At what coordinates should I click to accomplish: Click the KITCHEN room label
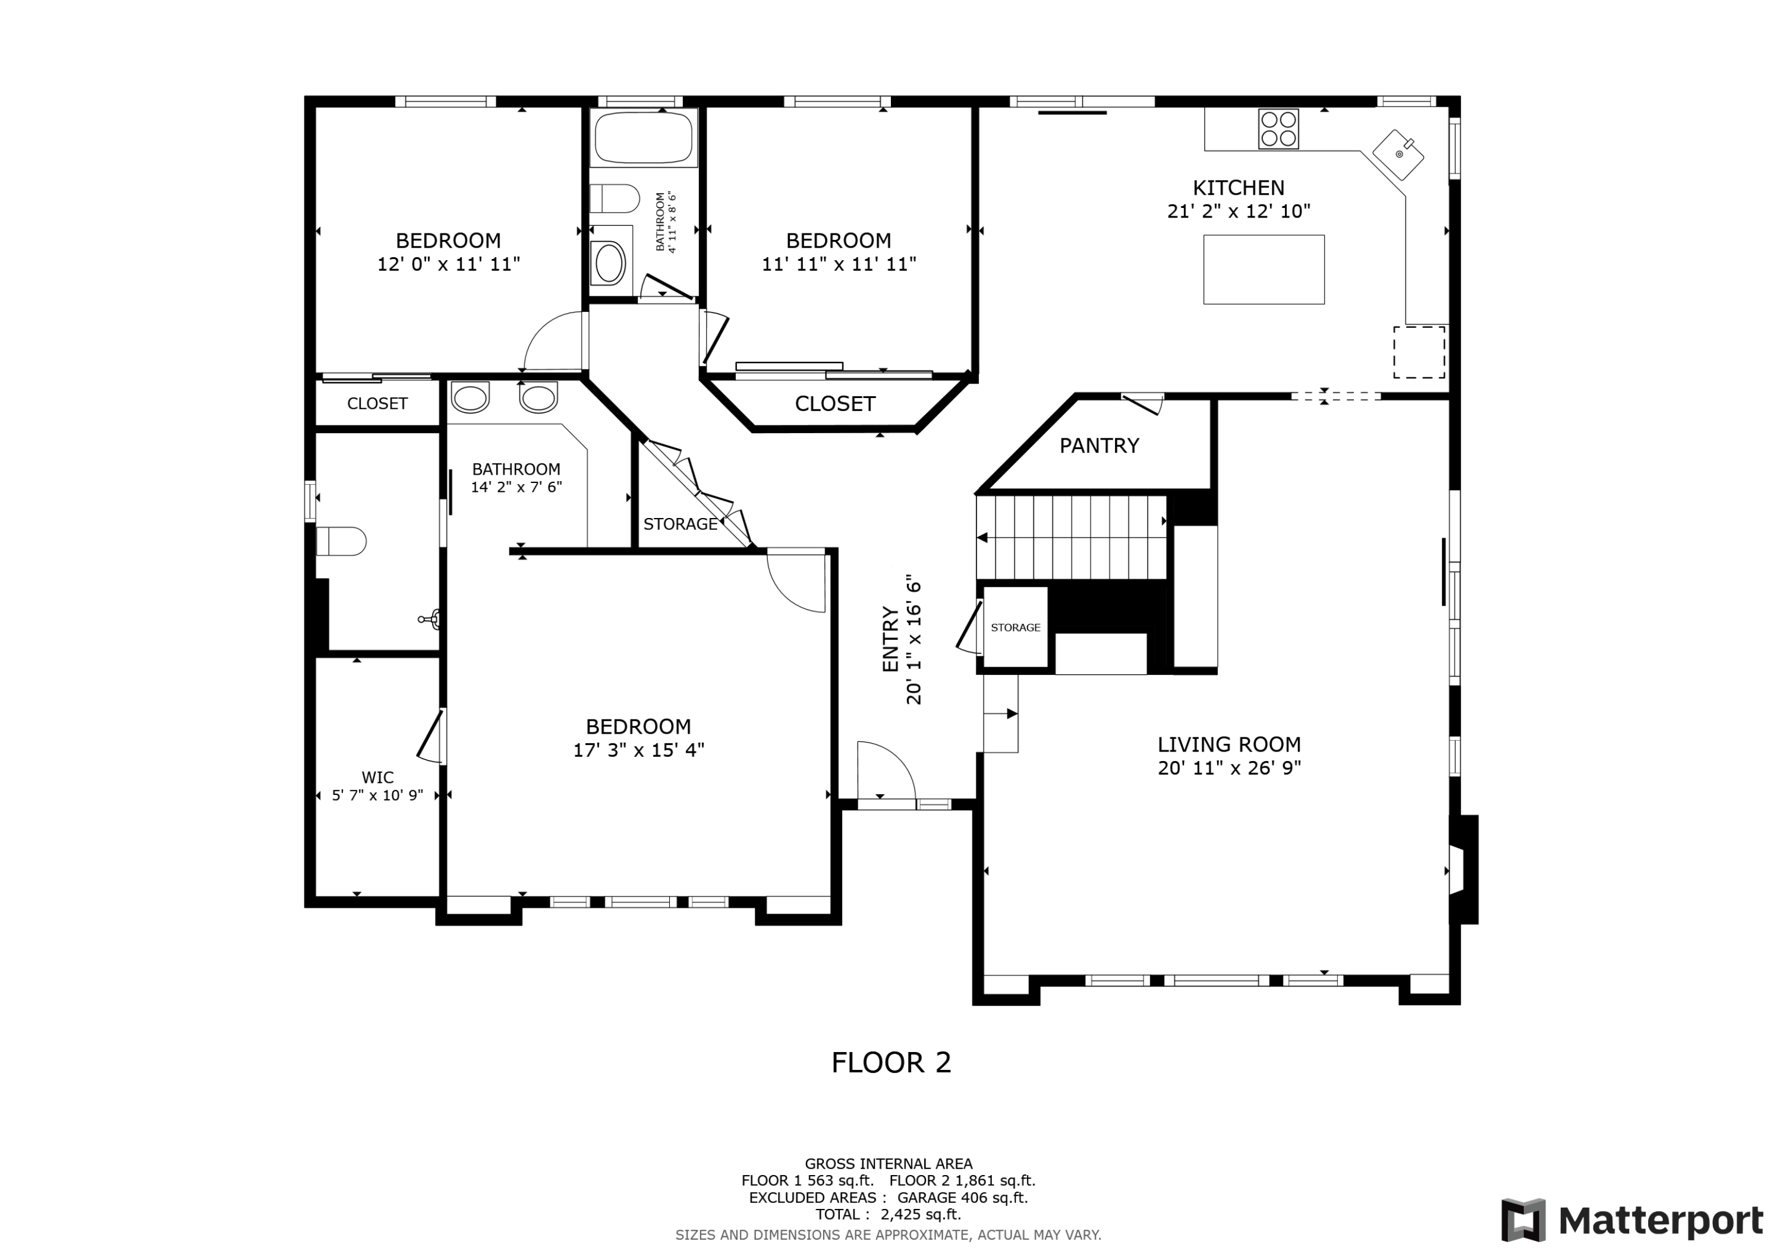click(1239, 188)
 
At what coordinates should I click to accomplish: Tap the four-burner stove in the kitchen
click(1278, 129)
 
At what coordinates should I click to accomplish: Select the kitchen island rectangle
click(1264, 269)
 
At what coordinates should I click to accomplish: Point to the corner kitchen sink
click(1398, 155)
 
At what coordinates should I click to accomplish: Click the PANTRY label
click(1100, 446)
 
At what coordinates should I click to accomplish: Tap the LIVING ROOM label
click(1229, 744)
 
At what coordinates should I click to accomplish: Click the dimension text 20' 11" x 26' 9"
click(1229, 768)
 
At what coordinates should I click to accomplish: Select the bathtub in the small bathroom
click(644, 137)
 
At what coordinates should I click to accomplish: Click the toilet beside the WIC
click(342, 541)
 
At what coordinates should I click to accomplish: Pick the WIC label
click(377, 777)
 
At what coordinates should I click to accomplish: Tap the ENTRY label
click(891, 639)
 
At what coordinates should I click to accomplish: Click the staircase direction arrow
click(1072, 537)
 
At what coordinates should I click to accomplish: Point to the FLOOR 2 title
click(891, 1063)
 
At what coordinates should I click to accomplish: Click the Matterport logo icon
click(1524, 1220)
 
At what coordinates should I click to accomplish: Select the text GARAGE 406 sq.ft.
click(962, 1198)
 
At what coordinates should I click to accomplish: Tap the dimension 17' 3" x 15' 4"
click(638, 750)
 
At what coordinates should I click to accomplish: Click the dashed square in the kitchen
click(1419, 352)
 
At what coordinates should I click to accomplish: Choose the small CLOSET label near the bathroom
click(377, 404)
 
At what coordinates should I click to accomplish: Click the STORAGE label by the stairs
click(1016, 627)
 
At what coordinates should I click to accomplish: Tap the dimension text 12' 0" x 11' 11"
click(448, 264)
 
